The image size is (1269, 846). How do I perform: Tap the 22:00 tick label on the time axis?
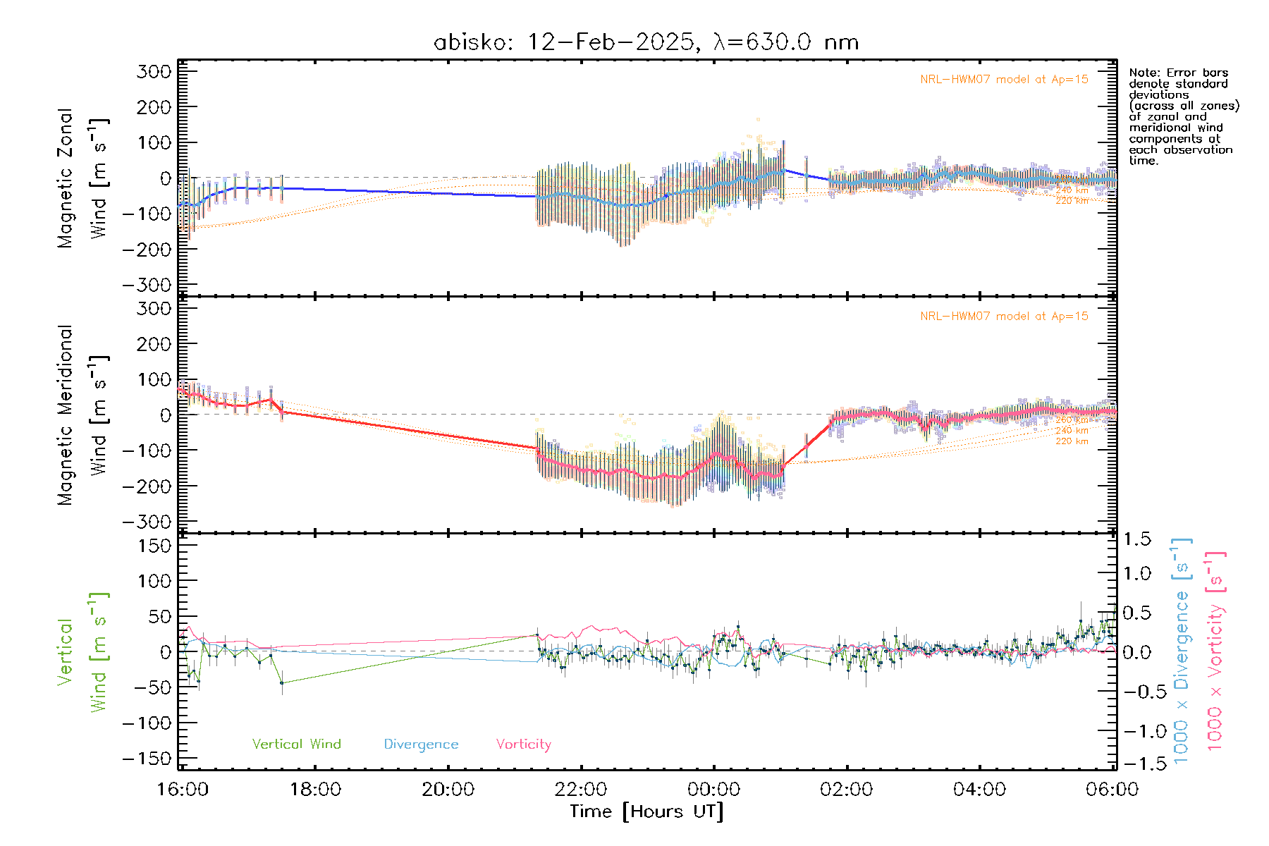(x=581, y=789)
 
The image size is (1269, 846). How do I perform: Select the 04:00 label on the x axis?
(x=979, y=789)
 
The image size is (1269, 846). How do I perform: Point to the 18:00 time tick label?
(x=315, y=789)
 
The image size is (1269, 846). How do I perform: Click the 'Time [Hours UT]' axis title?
(x=646, y=811)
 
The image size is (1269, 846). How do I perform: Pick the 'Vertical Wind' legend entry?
(x=296, y=744)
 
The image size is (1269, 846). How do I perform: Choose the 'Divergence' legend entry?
(x=421, y=744)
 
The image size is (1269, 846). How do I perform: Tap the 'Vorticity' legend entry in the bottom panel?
(x=523, y=744)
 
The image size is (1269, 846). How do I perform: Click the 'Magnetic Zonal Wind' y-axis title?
(x=82, y=178)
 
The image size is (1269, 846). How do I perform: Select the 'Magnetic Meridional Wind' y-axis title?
(x=82, y=415)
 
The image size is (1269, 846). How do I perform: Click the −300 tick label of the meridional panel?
(x=147, y=522)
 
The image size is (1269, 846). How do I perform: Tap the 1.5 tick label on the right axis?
(x=1136, y=539)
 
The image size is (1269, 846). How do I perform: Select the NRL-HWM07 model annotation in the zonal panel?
(x=1004, y=80)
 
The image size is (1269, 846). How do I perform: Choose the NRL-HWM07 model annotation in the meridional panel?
(x=1004, y=317)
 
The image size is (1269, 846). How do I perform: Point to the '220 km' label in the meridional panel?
(x=1072, y=441)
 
